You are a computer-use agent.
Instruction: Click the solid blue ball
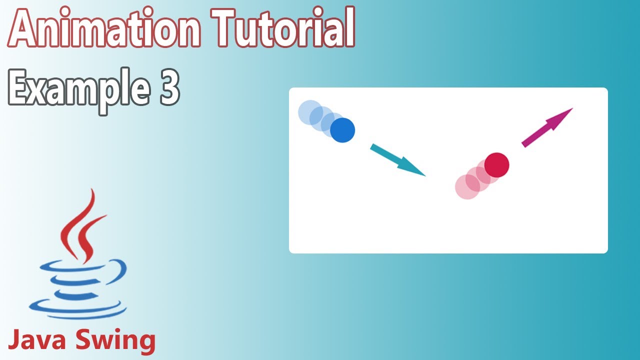342,130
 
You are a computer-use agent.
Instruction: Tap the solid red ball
496,165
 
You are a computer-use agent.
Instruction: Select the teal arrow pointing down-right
397,159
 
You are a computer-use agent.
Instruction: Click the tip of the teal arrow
424,175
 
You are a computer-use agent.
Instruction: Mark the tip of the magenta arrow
571,108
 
